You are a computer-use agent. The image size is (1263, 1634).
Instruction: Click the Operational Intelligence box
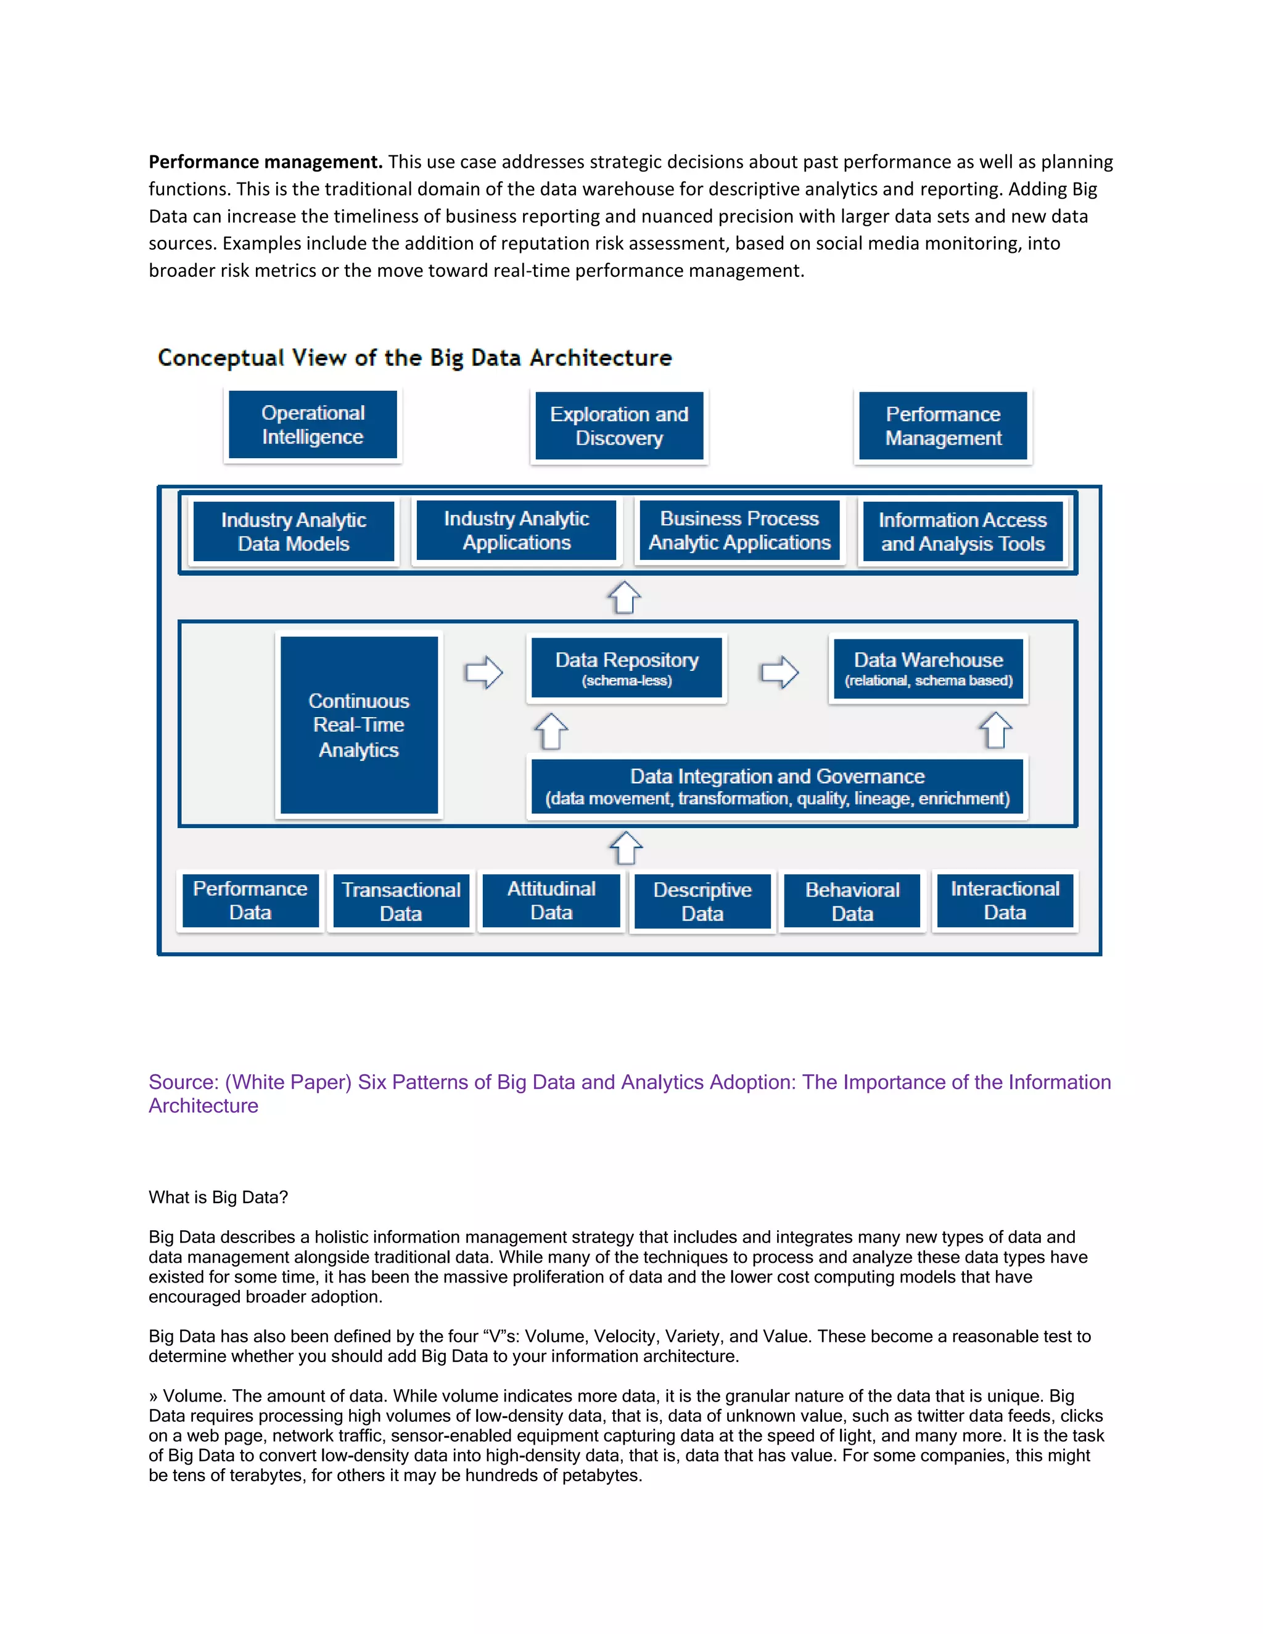pos(313,425)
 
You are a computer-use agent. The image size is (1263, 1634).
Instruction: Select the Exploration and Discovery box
pos(619,425)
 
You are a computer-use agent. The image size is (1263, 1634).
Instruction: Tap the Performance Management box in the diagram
pos(943,425)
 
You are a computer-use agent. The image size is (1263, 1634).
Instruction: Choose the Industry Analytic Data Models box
pos(294,531)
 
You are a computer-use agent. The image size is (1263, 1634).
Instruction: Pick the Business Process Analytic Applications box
pos(739,530)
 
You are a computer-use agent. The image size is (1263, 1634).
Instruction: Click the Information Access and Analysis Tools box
pos(962,531)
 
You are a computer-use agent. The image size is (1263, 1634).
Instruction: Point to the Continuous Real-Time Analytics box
pos(359,725)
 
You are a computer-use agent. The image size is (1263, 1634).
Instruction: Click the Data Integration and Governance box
pos(776,786)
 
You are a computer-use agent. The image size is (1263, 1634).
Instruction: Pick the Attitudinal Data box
pos(551,900)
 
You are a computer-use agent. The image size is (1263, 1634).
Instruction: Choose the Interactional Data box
pos(1005,900)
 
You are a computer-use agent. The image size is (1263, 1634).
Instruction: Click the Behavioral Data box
pos(852,901)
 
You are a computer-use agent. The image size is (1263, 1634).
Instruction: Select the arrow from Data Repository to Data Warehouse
pos(779,672)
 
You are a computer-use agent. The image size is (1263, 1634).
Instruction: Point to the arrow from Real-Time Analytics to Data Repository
pos(483,672)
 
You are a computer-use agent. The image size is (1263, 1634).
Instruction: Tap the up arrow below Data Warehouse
pos(995,730)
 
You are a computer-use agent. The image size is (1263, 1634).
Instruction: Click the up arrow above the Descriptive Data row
pos(625,848)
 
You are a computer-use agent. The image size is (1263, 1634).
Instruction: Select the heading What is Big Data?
pos(218,1197)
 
